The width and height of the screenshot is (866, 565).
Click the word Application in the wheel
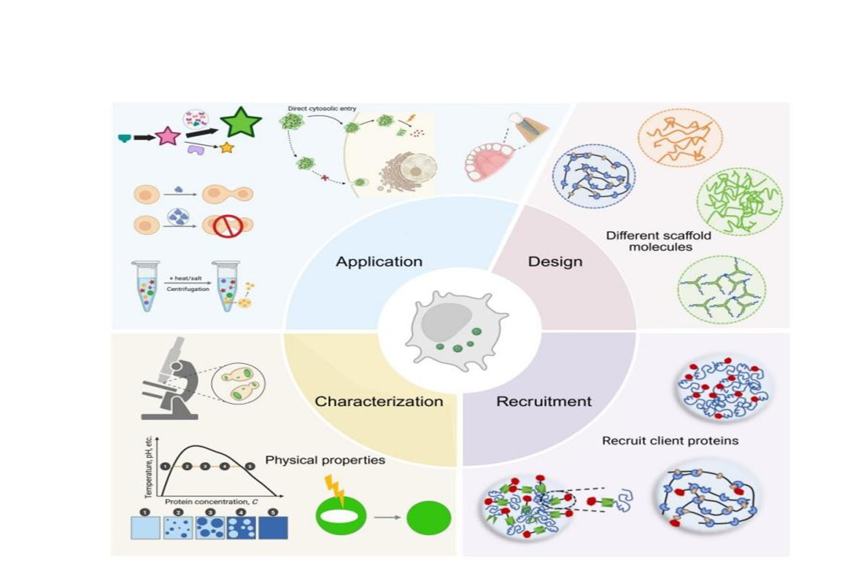(379, 261)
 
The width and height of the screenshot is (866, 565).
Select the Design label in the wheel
(554, 261)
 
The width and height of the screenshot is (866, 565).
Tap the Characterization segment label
(379, 401)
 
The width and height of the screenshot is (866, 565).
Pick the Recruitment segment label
(544, 401)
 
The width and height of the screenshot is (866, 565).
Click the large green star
(241, 123)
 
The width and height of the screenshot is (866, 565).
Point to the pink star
(167, 136)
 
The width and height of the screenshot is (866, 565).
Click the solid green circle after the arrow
(428, 518)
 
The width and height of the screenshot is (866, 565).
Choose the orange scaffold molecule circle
(680, 139)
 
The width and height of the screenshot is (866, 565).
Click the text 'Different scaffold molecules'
(658, 241)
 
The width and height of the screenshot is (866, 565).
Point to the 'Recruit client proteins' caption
(670, 440)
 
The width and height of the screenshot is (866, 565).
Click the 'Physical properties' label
(325, 460)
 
